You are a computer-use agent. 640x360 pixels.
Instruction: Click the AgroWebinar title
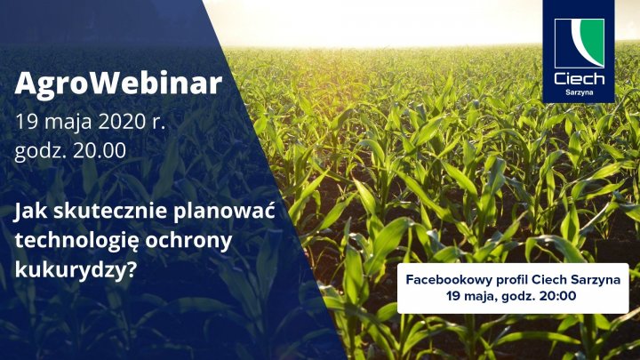(x=118, y=85)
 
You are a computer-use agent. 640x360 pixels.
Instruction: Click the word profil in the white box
(x=510, y=279)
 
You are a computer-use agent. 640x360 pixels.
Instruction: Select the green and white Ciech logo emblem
(x=579, y=45)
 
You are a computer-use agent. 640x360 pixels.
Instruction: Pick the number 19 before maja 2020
(x=25, y=121)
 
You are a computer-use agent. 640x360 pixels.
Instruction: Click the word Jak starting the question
(x=31, y=214)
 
